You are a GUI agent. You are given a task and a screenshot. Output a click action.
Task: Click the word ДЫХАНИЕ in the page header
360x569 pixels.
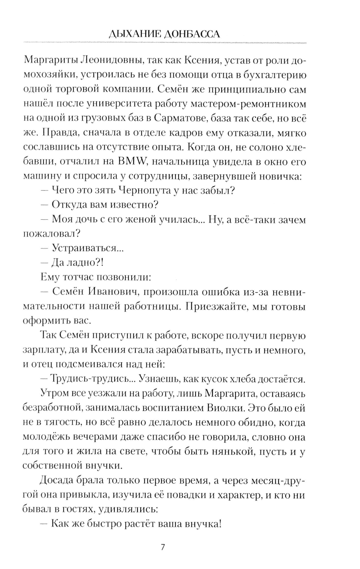[134, 34]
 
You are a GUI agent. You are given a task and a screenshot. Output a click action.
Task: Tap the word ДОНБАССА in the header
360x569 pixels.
[191, 34]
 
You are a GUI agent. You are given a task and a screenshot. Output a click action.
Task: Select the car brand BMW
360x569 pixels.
[131, 162]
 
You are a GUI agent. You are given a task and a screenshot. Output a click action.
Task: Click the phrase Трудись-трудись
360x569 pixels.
[90, 379]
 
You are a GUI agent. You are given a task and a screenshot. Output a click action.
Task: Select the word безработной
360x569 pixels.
[51, 408]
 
